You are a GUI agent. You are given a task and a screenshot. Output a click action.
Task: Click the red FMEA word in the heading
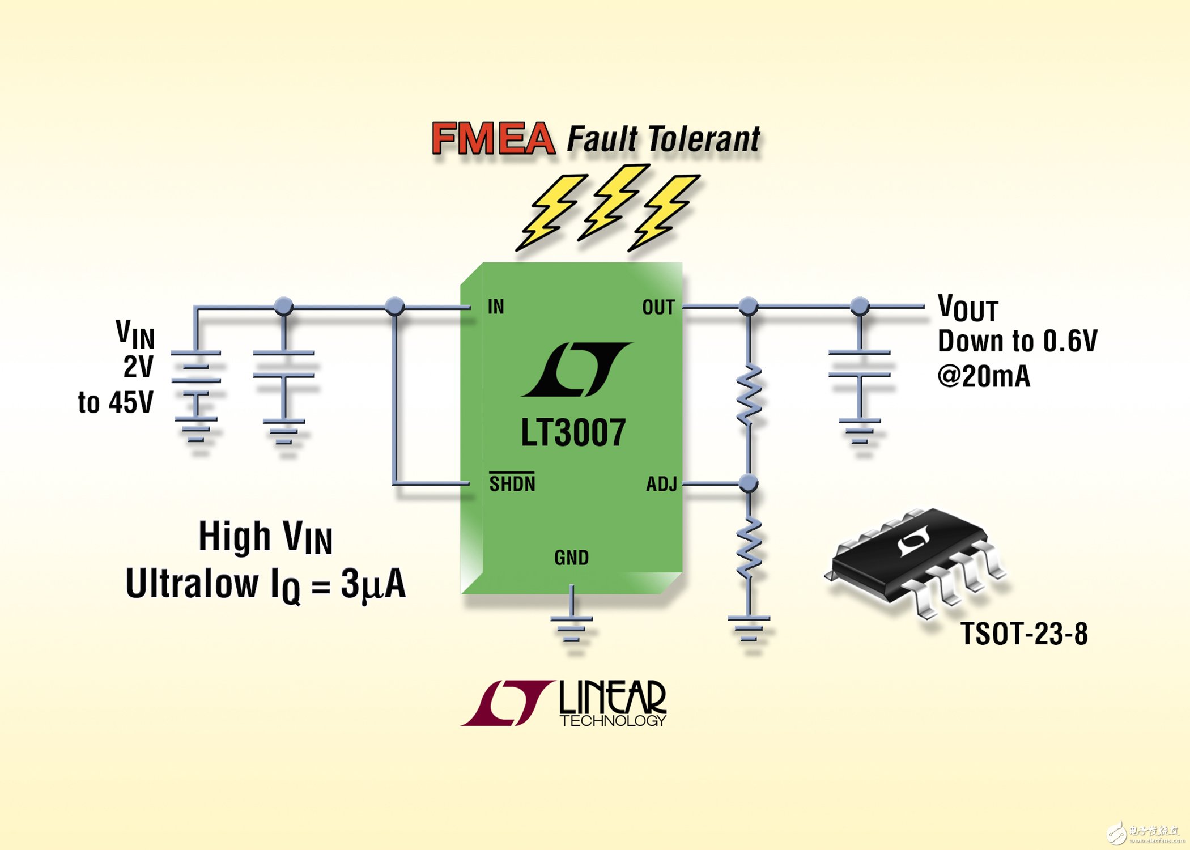493,138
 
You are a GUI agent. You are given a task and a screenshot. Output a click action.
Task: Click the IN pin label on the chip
496,307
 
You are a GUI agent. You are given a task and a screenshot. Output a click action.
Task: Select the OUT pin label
658,307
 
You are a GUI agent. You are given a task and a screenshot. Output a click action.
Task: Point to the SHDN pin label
512,483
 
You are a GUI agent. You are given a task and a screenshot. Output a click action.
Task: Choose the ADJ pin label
662,484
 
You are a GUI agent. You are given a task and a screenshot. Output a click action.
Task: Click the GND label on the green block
571,558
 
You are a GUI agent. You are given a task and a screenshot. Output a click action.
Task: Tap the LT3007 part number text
573,433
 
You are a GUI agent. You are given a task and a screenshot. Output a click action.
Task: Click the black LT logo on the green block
577,369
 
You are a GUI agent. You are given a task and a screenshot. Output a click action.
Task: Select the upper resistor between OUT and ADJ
749,395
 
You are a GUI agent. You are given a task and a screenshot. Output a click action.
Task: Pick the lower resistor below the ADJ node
749,549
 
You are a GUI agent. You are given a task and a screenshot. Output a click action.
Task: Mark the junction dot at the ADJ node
749,483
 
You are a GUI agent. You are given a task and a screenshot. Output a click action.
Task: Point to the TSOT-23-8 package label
1025,634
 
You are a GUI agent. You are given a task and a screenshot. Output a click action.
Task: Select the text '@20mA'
984,376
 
